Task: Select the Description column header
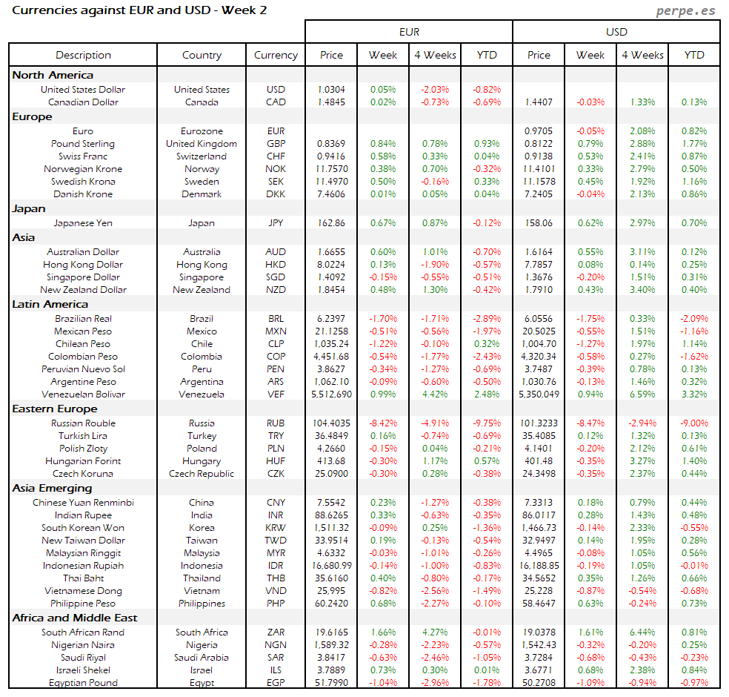coord(83,55)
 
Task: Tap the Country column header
coord(202,55)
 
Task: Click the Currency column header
coord(276,55)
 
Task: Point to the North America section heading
coord(53,75)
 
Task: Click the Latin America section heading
coord(50,304)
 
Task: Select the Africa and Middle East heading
coord(75,618)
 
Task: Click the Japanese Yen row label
coord(83,222)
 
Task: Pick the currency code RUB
coord(276,423)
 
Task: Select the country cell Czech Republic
coord(202,474)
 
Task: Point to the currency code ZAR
coord(276,632)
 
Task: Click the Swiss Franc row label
coord(83,156)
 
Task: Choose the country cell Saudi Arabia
coord(202,658)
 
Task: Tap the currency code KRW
coord(276,528)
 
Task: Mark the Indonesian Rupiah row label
coord(83,566)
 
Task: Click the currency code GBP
coord(276,144)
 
